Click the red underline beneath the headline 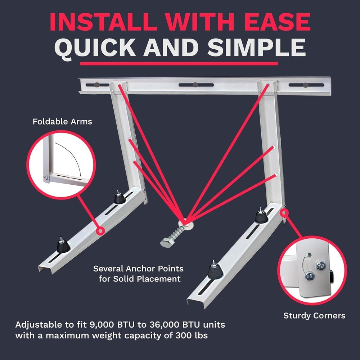pyautogui.click(x=179, y=64)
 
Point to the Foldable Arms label pyautogui.click(x=62, y=122)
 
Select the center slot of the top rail pyautogui.click(x=196, y=85)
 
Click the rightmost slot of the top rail pyautogui.click(x=306, y=85)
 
